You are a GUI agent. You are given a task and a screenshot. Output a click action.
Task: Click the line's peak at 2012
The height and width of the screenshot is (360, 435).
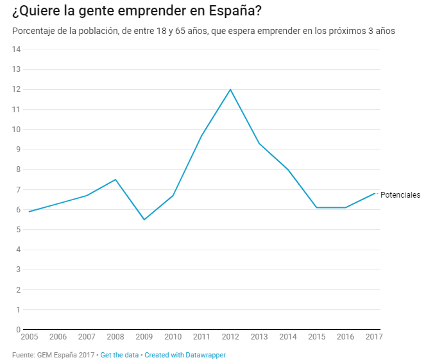click(230, 89)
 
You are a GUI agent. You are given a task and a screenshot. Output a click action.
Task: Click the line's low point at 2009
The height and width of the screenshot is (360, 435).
click(144, 219)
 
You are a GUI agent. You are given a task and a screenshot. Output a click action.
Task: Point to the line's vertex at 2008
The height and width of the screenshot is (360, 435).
click(115, 179)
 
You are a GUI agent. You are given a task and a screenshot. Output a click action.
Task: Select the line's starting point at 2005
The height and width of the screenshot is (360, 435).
click(30, 211)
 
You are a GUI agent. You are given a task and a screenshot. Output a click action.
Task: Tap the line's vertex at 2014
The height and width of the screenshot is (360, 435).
click(288, 169)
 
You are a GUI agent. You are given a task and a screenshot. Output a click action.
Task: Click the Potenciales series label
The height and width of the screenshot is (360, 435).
click(400, 195)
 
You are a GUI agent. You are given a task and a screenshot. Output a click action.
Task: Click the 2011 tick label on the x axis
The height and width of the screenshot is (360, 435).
click(201, 337)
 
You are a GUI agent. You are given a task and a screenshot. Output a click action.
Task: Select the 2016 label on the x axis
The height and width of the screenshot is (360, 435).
click(345, 337)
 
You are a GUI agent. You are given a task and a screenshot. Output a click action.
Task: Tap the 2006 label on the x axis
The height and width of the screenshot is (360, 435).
click(58, 337)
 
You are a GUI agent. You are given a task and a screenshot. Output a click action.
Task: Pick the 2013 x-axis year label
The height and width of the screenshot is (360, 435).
click(259, 337)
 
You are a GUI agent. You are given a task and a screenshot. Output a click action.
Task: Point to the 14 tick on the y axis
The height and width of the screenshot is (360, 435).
click(17, 49)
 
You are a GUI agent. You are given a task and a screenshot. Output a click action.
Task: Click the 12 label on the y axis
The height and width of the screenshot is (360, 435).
click(17, 89)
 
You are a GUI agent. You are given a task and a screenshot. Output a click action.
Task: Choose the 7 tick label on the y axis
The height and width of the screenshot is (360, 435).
click(19, 190)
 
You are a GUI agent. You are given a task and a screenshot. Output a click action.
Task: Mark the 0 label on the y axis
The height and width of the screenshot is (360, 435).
click(19, 330)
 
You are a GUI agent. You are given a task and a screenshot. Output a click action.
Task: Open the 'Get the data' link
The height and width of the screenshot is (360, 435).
click(120, 355)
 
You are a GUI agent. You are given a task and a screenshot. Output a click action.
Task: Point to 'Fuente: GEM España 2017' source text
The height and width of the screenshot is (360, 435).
click(53, 355)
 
